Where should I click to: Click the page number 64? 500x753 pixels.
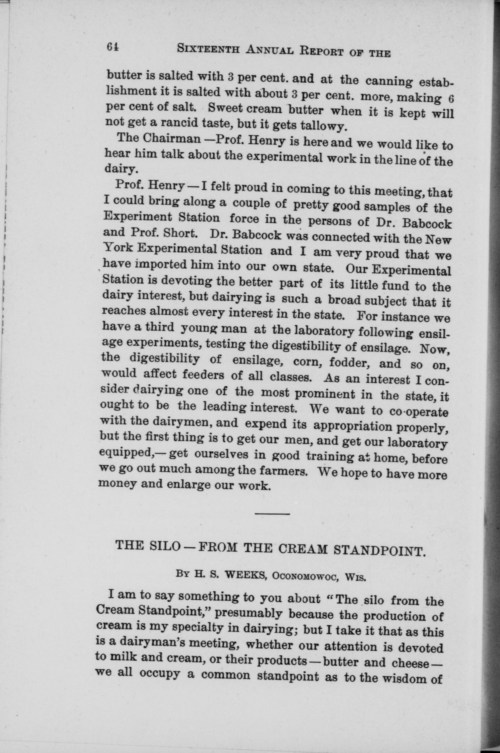click(x=113, y=47)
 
